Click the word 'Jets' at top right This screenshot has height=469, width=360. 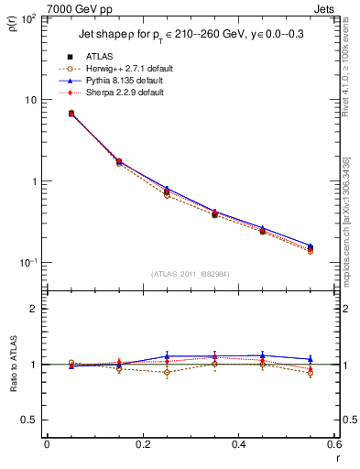[327, 7]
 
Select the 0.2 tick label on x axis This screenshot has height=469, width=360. [142, 446]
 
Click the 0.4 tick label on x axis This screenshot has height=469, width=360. [238, 446]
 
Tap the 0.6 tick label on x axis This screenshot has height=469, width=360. [333, 446]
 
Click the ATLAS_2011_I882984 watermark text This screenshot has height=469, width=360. [190, 274]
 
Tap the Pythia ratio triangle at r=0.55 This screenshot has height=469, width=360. [311, 360]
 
